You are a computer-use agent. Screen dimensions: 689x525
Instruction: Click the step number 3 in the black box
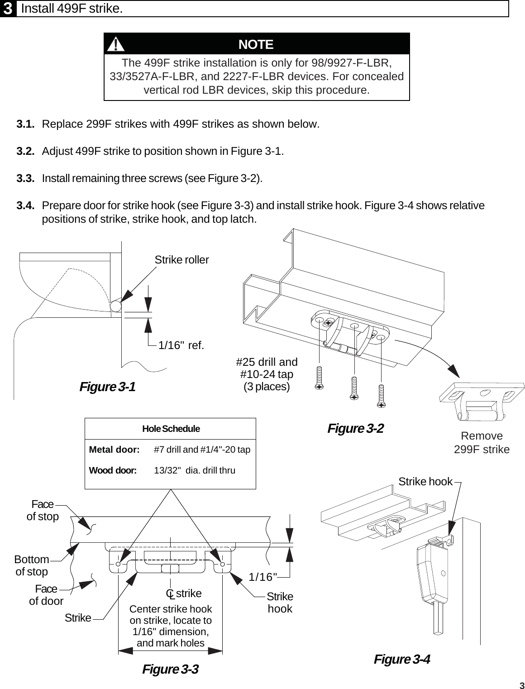(8, 9)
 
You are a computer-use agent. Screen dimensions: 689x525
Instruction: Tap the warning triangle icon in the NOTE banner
(117, 44)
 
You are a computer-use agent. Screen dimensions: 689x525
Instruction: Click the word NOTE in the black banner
(256, 44)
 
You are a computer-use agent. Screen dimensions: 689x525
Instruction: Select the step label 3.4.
(26, 206)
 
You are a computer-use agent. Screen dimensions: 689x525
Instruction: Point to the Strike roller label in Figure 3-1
(181, 260)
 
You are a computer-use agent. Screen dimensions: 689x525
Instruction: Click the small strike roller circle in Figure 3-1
(116, 306)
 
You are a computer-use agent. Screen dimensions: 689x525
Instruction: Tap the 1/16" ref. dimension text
(181, 345)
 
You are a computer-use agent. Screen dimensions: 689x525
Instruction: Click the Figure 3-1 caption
(107, 387)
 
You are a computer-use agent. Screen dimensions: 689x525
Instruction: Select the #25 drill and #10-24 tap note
(267, 374)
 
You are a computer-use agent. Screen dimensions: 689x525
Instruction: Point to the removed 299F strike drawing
(481, 401)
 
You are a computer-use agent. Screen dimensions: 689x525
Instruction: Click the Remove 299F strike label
(482, 443)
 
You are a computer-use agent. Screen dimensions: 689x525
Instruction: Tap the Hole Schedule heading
(171, 429)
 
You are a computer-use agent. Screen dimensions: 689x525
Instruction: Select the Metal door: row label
(114, 450)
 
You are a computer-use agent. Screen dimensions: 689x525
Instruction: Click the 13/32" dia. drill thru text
(195, 470)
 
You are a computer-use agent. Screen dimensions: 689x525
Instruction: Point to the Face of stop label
(43, 510)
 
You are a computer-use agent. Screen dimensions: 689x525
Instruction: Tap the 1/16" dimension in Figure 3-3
(263, 577)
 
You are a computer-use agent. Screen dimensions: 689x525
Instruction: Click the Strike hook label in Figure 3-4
(425, 482)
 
